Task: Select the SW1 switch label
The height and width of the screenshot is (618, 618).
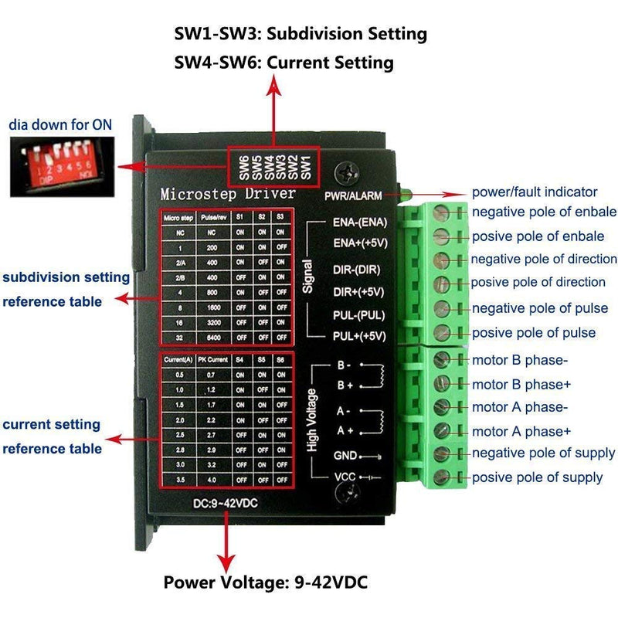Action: click(x=305, y=167)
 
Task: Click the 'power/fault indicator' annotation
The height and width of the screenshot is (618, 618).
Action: click(x=534, y=192)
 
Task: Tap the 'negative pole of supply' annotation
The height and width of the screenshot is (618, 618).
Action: click(x=543, y=453)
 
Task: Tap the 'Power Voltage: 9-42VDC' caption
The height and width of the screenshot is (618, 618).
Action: click(x=265, y=582)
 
